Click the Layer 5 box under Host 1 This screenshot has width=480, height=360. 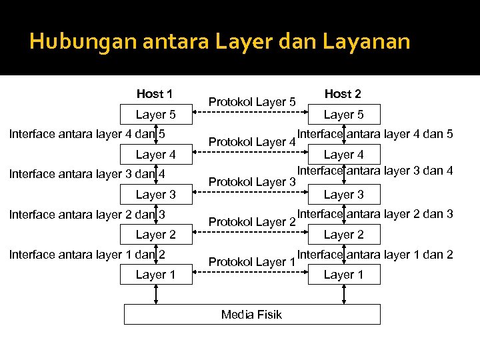(156, 115)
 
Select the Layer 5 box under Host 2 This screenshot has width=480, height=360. (343, 115)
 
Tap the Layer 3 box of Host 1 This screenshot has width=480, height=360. (156, 195)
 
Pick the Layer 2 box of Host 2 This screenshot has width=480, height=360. (343, 235)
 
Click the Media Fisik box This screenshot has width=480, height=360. (252, 314)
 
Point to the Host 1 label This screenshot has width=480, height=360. (155, 94)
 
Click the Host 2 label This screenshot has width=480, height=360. (343, 94)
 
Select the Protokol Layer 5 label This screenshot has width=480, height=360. (252, 102)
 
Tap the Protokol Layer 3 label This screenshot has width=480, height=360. (252, 182)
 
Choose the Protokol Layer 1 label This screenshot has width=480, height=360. (252, 262)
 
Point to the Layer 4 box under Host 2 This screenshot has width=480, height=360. (343, 155)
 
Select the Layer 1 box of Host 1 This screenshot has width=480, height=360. (156, 275)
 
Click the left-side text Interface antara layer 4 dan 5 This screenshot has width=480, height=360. (87, 135)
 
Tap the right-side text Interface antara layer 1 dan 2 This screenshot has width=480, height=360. (375, 254)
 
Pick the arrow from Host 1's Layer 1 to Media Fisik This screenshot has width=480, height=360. (156, 294)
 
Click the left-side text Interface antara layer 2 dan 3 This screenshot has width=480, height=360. (87, 215)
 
